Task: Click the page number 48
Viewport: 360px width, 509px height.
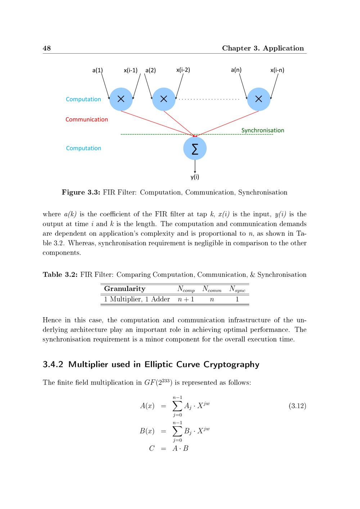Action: click(47, 48)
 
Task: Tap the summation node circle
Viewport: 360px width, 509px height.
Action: click(195, 148)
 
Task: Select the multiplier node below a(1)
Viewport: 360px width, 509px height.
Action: click(121, 99)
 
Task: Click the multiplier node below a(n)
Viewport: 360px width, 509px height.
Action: click(258, 99)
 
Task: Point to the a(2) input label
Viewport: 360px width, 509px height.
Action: click(150, 70)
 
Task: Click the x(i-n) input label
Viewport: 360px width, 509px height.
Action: click(277, 70)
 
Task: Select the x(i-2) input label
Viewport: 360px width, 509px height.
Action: click(183, 70)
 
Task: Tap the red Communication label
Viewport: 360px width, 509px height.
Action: click(87, 120)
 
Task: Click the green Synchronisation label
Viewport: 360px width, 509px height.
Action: click(262, 130)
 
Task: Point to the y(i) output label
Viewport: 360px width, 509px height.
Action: click(195, 177)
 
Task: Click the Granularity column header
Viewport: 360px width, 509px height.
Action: click(125, 289)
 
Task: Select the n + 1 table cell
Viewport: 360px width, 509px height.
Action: click(186, 299)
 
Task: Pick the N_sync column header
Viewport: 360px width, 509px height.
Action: click(237, 289)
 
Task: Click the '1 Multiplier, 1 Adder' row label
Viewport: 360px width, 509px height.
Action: click(137, 299)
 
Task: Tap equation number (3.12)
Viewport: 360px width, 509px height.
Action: click(297, 406)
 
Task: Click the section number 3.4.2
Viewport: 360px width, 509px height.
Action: click(53, 364)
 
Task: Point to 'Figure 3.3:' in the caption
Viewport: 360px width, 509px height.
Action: click(81, 192)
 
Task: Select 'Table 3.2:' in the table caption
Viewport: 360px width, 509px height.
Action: click(60, 275)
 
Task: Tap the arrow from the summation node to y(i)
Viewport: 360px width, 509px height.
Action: click(195, 166)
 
